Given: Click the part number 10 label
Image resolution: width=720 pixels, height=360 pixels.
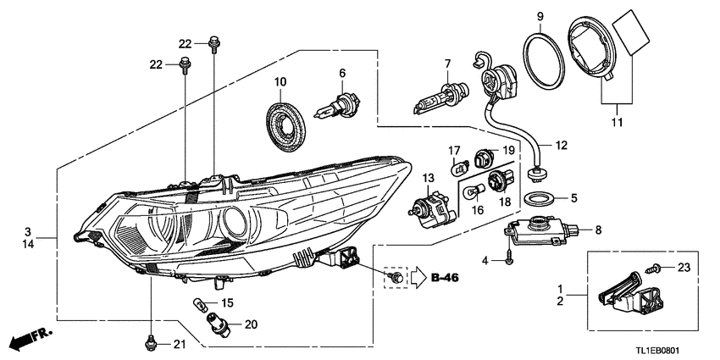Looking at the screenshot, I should point(280,82).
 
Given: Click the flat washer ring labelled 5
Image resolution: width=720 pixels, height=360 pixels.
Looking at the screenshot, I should point(536,200).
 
